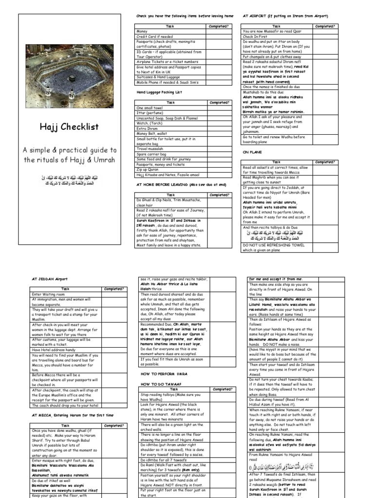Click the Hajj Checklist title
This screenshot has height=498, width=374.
(69, 127)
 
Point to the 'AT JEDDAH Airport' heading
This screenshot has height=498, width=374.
(50, 280)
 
